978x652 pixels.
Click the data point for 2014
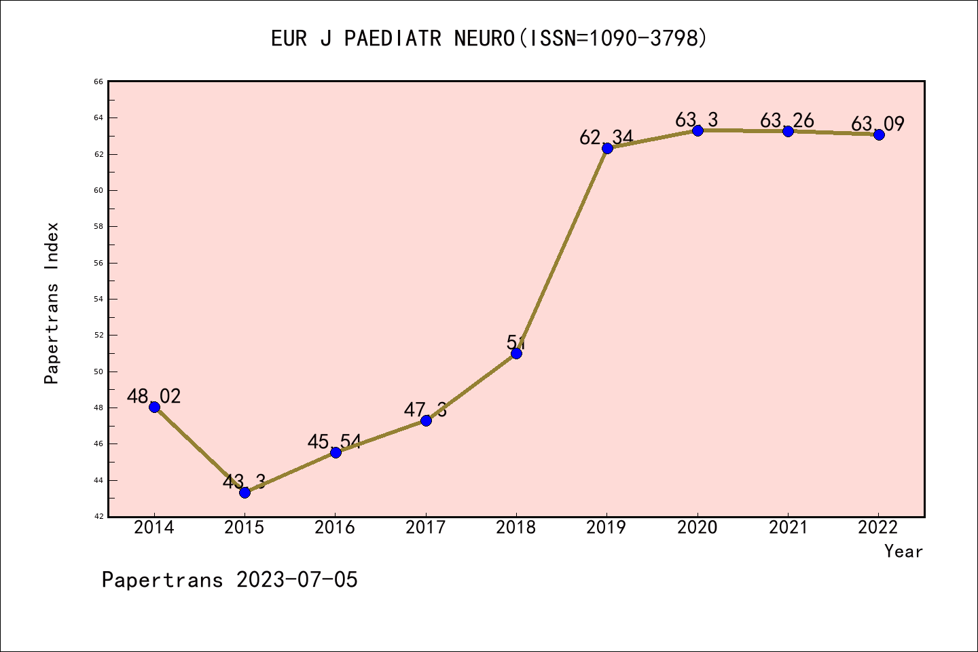click(x=154, y=407)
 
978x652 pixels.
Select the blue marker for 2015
click(x=244, y=492)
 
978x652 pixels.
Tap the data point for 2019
click(x=607, y=148)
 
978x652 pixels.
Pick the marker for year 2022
click(x=879, y=134)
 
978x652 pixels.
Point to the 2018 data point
click(x=516, y=353)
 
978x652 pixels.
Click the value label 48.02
click(x=154, y=396)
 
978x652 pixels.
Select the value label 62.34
click(x=606, y=137)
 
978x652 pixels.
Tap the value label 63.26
click(x=786, y=121)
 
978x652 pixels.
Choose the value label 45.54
click(x=334, y=442)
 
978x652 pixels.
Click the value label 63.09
click(x=877, y=124)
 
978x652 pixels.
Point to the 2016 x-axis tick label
click(x=335, y=528)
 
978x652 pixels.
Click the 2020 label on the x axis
click(x=698, y=528)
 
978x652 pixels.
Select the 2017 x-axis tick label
click(x=426, y=528)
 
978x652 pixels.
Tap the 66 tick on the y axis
click(x=98, y=81)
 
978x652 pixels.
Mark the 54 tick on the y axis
click(x=98, y=299)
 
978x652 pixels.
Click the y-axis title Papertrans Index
click(x=52, y=303)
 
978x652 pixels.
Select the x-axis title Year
click(x=903, y=551)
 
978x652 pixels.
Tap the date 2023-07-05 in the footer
click(x=297, y=580)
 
